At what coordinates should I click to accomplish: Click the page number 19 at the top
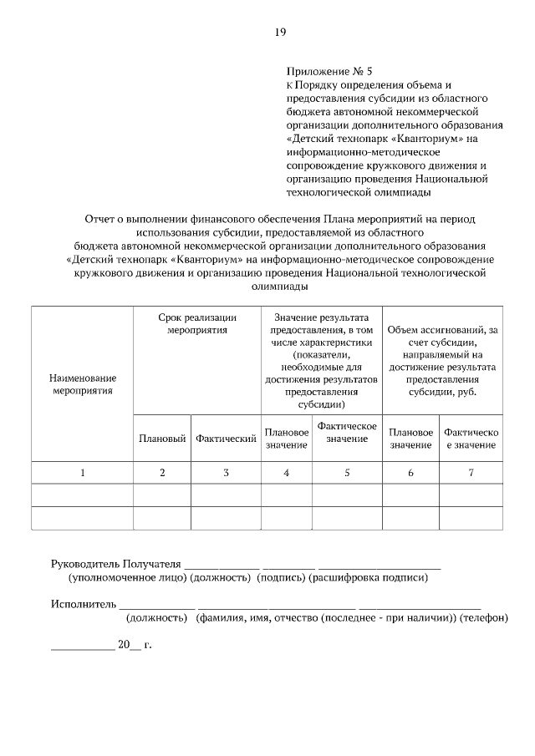click(x=280, y=33)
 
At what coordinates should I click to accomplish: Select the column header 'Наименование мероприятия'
click(x=82, y=383)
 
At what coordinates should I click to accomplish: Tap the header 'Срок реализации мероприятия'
click(x=197, y=324)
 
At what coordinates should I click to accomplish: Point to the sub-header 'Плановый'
click(x=162, y=439)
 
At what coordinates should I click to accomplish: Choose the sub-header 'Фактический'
click(x=226, y=439)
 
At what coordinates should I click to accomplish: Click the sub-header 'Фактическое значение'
click(x=347, y=433)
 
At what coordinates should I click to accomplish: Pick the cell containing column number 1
click(x=82, y=473)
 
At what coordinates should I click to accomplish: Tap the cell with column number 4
click(x=287, y=473)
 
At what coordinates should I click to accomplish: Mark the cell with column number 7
click(x=471, y=473)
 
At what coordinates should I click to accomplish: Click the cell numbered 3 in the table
click(x=226, y=473)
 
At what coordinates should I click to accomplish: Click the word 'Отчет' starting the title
click(x=100, y=219)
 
